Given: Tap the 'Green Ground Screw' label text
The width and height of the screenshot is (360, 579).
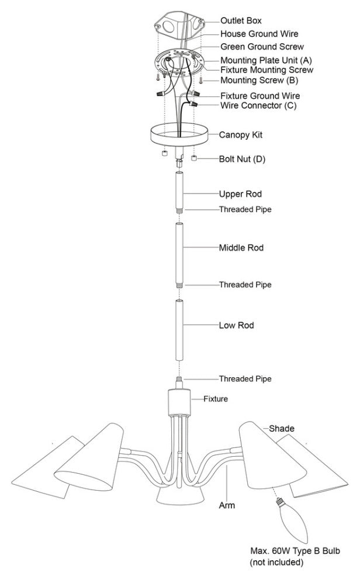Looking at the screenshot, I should tap(262, 46).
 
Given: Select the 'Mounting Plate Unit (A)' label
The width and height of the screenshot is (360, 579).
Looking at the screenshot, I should tap(266, 60).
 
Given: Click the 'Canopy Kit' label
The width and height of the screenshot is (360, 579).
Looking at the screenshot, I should tap(240, 135).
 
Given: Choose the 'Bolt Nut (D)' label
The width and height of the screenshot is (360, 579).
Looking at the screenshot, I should tap(242, 158).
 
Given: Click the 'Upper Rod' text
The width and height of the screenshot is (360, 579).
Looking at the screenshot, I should tap(240, 194).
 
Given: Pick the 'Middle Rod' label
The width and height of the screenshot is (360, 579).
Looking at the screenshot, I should tap(241, 248).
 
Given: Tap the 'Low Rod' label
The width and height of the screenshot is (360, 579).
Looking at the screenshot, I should tap(236, 325).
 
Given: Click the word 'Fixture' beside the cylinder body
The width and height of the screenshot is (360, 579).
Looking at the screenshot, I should tap(216, 399).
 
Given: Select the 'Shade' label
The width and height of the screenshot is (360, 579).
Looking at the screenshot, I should tap(282, 429).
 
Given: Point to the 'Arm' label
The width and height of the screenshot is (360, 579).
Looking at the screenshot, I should tap(227, 505).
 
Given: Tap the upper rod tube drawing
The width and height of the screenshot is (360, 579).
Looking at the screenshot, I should tap(180, 190).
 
